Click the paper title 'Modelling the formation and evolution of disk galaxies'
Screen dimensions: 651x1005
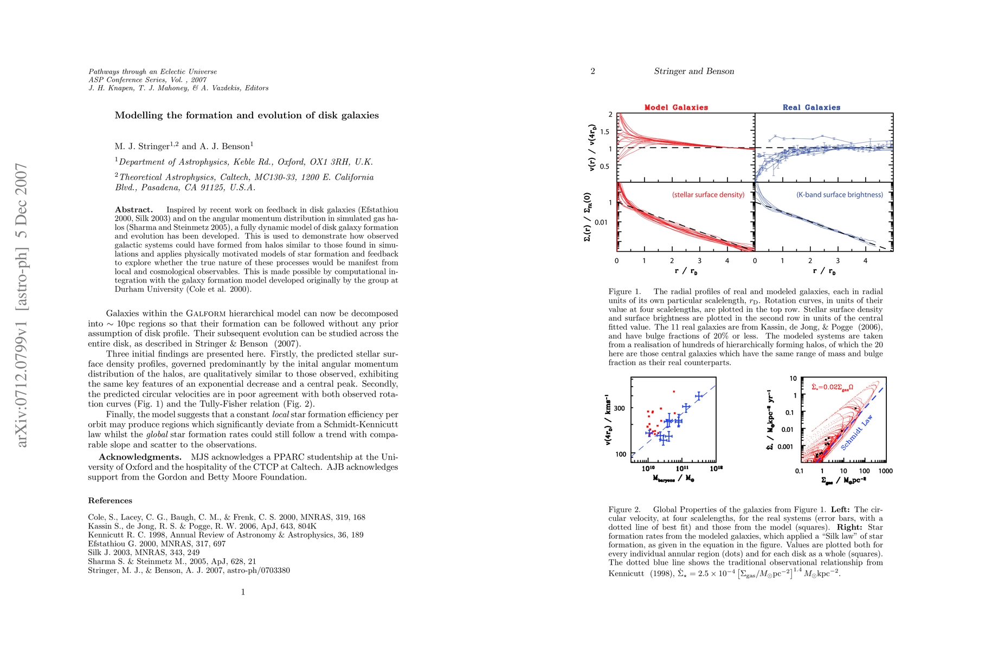[247, 116]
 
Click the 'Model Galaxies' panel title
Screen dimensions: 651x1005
[676, 107]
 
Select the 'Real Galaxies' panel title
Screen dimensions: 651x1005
[811, 107]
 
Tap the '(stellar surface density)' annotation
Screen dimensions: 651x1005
[708, 195]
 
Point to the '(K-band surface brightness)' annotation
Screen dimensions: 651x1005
[840, 195]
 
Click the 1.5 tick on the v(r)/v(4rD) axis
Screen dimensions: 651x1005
[605, 132]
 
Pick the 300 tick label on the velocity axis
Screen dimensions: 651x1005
[620, 409]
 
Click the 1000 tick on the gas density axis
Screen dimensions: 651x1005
[885, 471]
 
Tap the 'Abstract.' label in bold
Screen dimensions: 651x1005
[134, 210]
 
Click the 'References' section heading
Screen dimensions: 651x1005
[110, 501]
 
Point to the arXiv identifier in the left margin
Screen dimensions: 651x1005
[22, 305]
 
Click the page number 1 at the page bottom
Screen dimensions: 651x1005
[243, 592]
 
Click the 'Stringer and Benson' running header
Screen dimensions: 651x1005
[694, 71]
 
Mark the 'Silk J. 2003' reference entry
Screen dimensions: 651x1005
[144, 552]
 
